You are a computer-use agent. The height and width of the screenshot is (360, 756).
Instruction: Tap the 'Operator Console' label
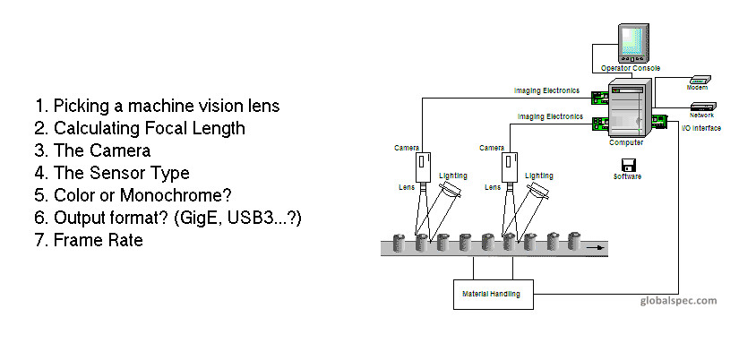pyautogui.click(x=630, y=68)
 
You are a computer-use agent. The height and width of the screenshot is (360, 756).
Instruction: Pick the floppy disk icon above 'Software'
pyautogui.click(x=628, y=164)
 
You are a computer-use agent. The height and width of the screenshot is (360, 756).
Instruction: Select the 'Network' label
pyautogui.click(x=701, y=116)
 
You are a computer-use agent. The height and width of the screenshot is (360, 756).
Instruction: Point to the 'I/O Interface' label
pyautogui.click(x=701, y=128)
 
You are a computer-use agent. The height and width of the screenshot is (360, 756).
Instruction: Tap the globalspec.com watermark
pyautogui.click(x=679, y=301)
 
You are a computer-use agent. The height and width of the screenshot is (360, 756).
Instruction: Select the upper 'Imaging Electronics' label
pyautogui.click(x=546, y=90)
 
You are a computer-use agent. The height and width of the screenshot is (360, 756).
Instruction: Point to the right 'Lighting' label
pyautogui.click(x=539, y=176)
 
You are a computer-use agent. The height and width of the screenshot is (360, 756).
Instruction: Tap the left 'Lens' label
pyautogui.click(x=405, y=187)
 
